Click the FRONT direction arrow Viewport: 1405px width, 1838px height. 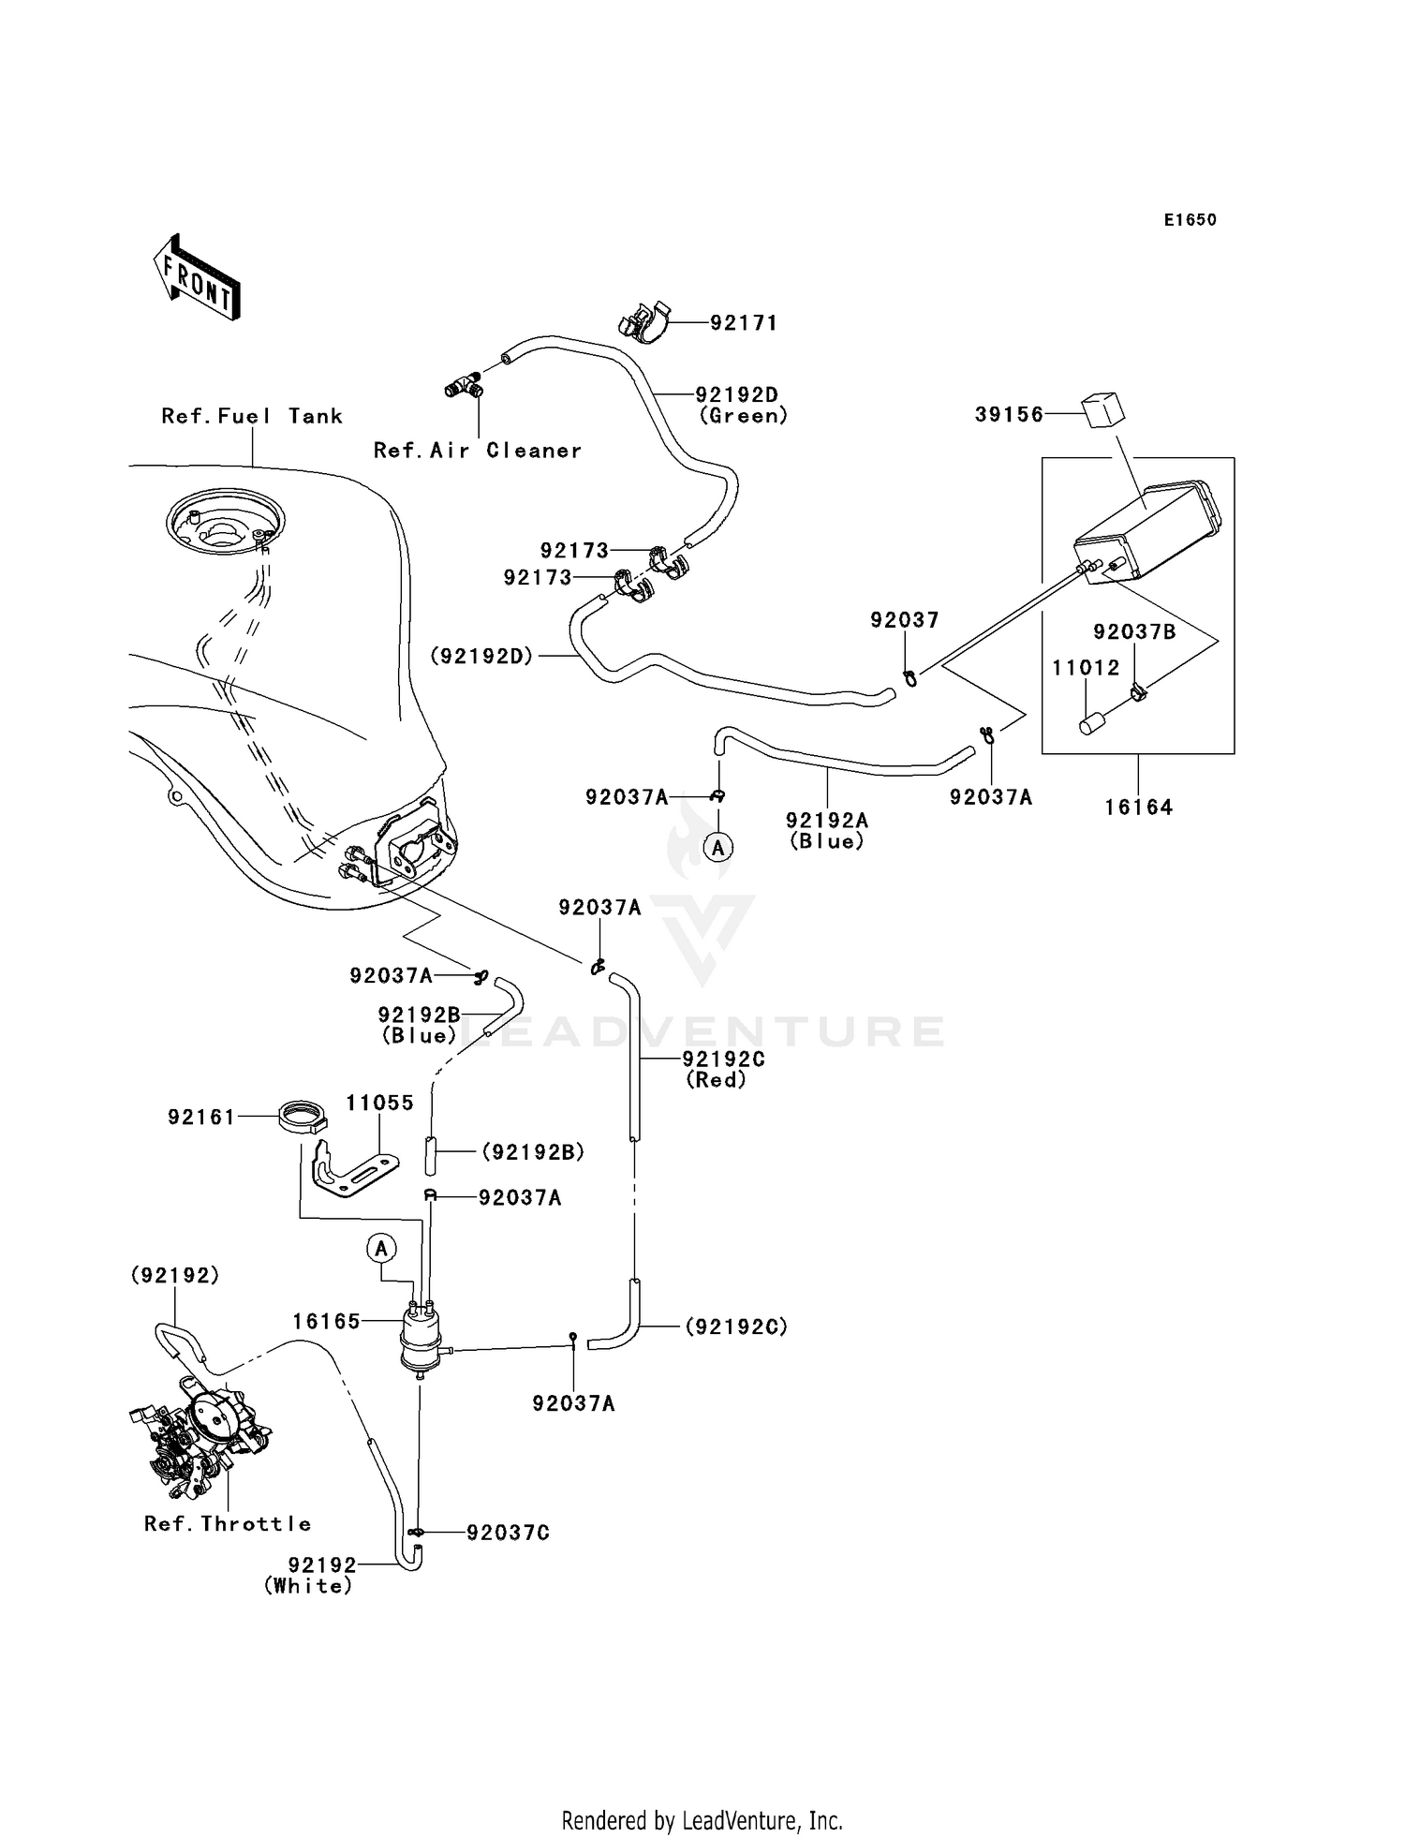(x=198, y=277)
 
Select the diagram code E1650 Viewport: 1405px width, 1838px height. (x=1190, y=220)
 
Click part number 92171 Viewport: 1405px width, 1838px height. (x=744, y=323)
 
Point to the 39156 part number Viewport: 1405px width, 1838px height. (x=1009, y=414)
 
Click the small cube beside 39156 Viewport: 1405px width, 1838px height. (x=1103, y=411)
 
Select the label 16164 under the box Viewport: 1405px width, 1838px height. (x=1138, y=807)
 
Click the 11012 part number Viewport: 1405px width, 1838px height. (x=1086, y=668)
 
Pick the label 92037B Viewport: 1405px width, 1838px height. (x=1134, y=632)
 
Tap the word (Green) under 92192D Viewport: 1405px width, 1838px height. (x=744, y=416)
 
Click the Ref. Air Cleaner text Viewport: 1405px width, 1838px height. (x=478, y=451)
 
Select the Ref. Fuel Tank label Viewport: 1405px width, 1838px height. (x=252, y=416)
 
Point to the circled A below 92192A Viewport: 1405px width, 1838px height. (x=718, y=848)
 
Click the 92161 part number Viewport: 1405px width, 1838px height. (x=201, y=1117)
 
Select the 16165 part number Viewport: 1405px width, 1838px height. (x=326, y=1321)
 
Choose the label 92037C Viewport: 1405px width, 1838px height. (x=508, y=1533)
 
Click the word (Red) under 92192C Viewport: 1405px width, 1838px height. (x=717, y=1080)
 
